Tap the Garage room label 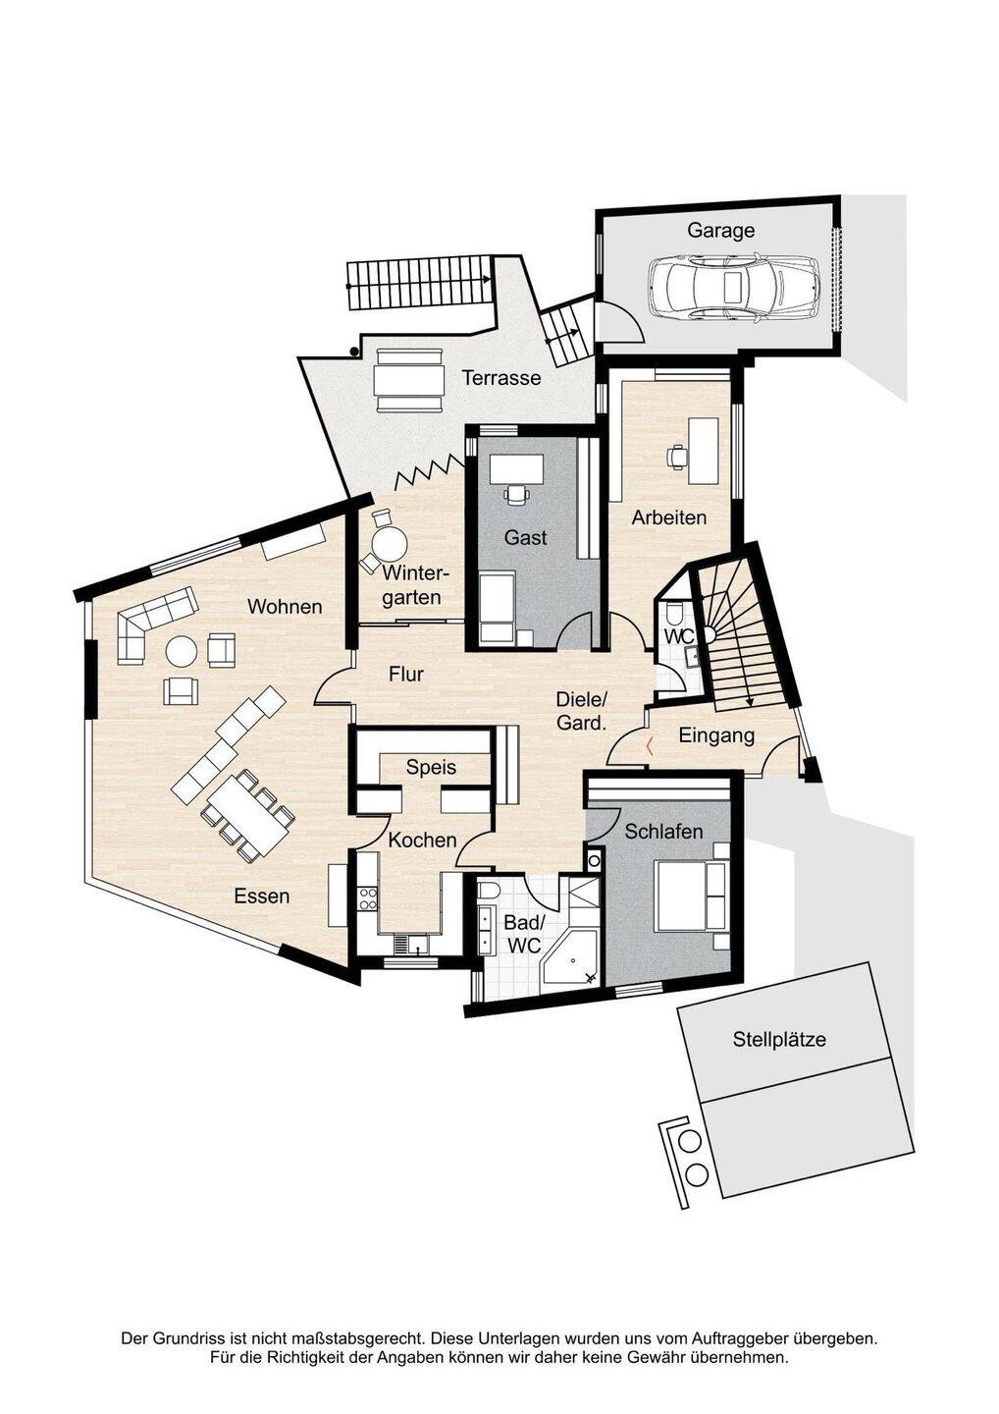point(720,231)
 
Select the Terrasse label point(501,378)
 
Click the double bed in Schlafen point(691,896)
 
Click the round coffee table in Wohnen point(182,650)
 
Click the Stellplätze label point(779,1039)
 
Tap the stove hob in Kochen point(369,897)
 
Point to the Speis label point(432,767)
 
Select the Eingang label point(716,735)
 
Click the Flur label point(406,675)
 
